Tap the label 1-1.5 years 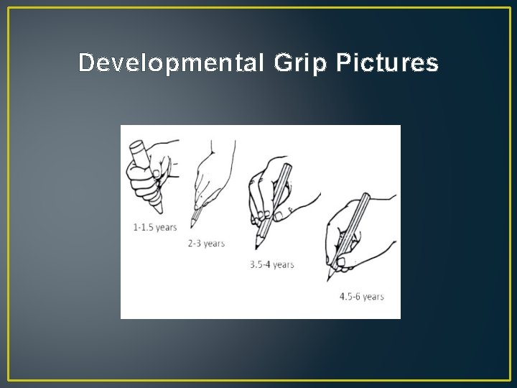(155, 228)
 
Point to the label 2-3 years (206, 244)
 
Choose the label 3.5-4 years (272, 264)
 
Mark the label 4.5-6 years (362, 296)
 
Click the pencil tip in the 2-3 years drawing (192, 224)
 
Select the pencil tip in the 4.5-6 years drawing (330, 280)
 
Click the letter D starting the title (85, 63)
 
